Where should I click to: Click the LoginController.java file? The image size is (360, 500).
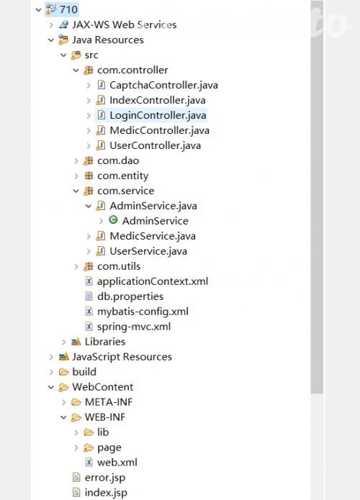click(158, 115)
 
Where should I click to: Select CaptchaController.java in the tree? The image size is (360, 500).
click(163, 85)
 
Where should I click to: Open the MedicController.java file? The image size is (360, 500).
click(159, 130)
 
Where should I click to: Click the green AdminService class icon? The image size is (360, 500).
click(113, 220)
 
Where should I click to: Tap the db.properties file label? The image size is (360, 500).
click(130, 296)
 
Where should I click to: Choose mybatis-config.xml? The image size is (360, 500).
click(143, 312)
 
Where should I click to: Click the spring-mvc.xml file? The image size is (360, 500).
click(134, 327)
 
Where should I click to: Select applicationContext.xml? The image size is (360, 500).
click(153, 281)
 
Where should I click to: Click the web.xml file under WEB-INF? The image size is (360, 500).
click(117, 463)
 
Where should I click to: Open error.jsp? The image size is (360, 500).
click(105, 478)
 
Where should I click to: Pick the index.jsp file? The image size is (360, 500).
click(106, 493)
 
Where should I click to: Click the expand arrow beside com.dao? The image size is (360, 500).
click(76, 160)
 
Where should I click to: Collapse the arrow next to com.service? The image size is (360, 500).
click(76, 191)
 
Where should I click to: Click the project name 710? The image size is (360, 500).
click(68, 9)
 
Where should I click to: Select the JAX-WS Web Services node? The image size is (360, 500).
click(124, 24)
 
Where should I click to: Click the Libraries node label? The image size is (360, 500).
click(105, 342)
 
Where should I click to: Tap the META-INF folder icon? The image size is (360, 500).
click(76, 402)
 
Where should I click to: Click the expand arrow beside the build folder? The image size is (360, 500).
click(51, 372)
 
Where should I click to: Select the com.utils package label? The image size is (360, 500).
click(119, 266)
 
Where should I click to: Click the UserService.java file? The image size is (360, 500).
click(148, 251)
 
